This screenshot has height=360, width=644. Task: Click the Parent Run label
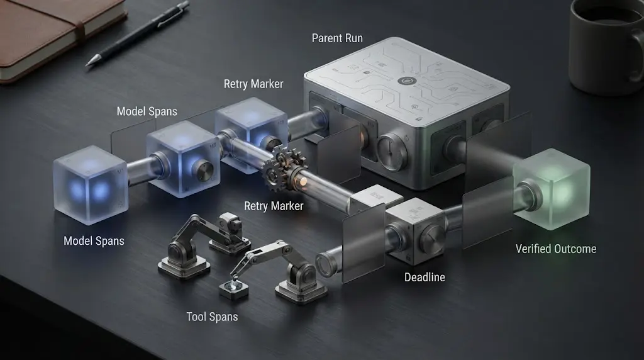tap(337, 38)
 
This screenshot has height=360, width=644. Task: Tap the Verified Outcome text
tap(556, 249)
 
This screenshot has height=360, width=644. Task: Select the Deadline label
tap(425, 278)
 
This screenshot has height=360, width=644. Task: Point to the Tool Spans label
tap(212, 317)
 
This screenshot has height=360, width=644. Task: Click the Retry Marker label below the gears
tap(274, 206)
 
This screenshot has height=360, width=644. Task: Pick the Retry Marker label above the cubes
tap(253, 84)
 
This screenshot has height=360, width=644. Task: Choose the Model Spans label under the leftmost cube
tap(94, 241)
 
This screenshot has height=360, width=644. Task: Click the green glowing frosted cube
tap(552, 188)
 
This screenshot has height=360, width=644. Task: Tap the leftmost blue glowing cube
tap(91, 184)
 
